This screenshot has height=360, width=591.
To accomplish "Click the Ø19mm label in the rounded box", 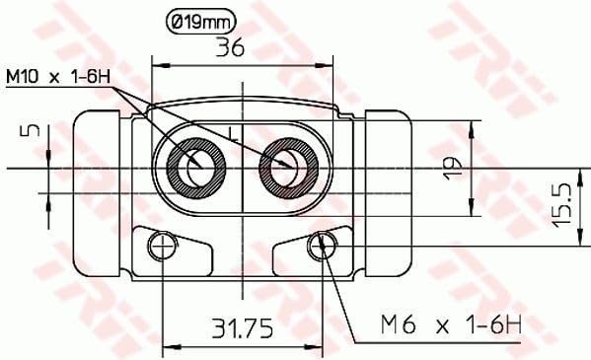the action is tap(201, 23).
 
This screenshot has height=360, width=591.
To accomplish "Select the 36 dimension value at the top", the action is tap(230, 48).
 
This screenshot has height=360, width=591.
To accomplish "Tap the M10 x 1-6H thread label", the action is tap(58, 77).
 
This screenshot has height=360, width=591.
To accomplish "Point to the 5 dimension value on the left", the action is tap(34, 131).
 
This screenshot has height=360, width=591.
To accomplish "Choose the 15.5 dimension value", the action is tap(561, 205).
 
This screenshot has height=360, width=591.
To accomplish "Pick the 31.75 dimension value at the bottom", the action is tap(242, 328).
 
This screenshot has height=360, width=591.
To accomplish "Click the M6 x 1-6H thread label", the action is tap(451, 324).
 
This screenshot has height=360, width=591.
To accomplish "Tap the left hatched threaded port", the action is tap(196, 168).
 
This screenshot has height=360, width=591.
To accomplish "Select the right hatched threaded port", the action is tap(289, 168).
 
